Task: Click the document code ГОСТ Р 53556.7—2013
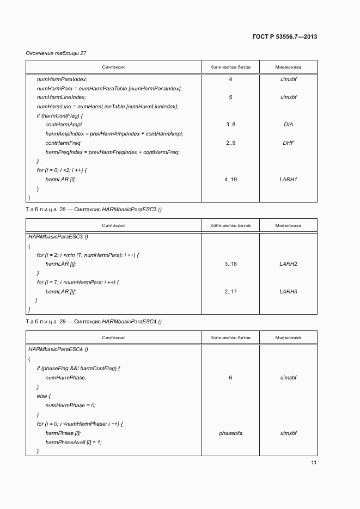[x=285, y=37]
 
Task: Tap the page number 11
[x=314, y=463]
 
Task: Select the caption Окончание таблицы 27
[x=56, y=53]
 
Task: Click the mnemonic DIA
[x=288, y=125]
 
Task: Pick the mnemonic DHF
[x=288, y=143]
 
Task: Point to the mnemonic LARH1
[x=288, y=179]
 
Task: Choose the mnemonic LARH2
[x=288, y=263]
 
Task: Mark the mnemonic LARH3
[x=288, y=291]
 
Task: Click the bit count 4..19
[x=230, y=179]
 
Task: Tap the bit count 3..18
[x=230, y=263]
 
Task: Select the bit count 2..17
[x=230, y=291]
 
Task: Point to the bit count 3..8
[x=230, y=125]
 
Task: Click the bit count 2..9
[x=230, y=143]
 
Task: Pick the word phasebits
[x=230, y=433]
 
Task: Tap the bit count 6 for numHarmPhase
[x=230, y=377]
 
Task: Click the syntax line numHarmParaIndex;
[x=62, y=79]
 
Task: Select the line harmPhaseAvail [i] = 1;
[x=74, y=442]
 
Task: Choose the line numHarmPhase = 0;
[x=70, y=405]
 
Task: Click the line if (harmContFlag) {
[x=59, y=115]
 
